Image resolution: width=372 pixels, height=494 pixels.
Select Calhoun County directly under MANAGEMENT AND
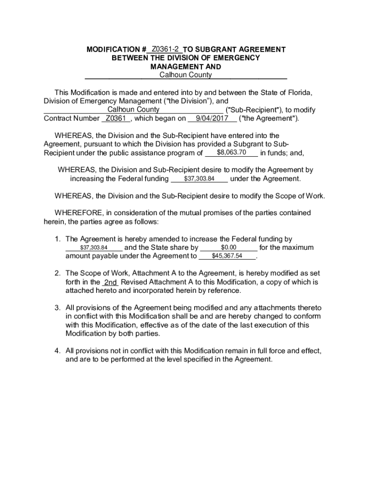(186, 75)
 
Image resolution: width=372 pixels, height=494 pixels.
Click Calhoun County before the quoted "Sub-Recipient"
(133, 110)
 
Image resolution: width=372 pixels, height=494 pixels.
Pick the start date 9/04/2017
(212, 118)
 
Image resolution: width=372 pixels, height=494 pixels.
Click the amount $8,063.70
(231, 152)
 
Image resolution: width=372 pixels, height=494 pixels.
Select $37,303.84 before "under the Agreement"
(199, 178)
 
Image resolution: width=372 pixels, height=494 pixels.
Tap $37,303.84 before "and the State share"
(93, 247)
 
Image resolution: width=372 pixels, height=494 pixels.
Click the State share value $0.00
(228, 247)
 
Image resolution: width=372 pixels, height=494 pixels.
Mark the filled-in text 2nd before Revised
(111, 282)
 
